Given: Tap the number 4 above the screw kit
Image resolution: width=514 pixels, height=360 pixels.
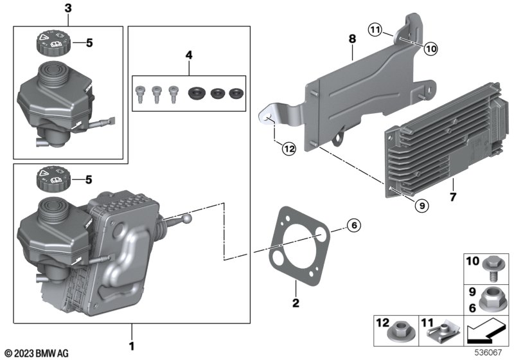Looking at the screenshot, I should coord(189,56).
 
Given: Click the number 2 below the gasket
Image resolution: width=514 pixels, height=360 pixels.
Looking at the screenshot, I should coord(296,302).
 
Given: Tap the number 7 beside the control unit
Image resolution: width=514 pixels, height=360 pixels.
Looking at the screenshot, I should coord(454,196).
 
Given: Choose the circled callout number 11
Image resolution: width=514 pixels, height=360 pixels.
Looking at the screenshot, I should coord(375,29).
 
